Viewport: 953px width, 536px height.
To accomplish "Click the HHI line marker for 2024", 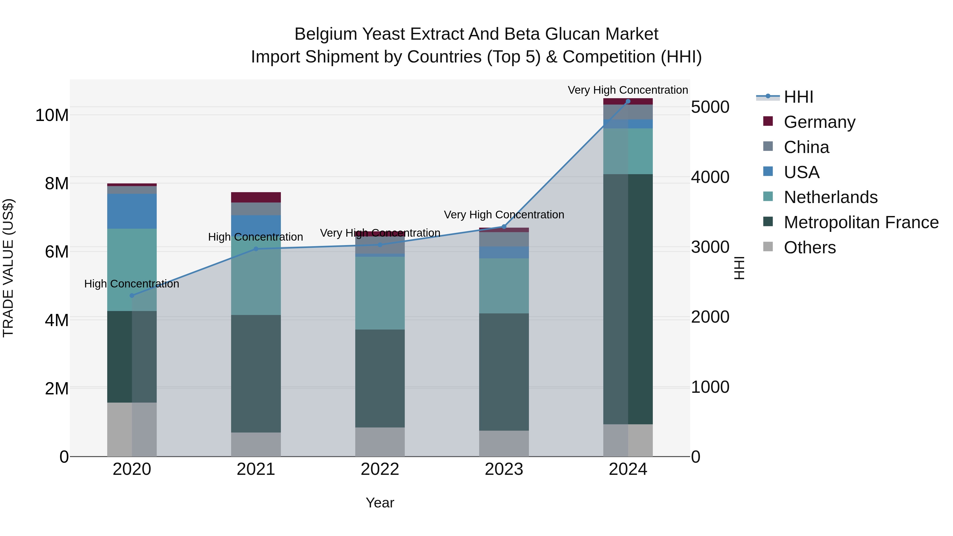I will point(628,101).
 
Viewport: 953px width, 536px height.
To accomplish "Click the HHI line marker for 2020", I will point(132,296).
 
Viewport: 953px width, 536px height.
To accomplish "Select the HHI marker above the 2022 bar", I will point(380,245).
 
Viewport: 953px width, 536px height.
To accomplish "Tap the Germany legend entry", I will point(819,122).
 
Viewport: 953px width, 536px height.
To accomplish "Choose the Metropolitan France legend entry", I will point(861,222).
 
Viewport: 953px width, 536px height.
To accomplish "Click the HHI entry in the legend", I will point(798,97).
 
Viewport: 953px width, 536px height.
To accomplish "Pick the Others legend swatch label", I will point(810,247).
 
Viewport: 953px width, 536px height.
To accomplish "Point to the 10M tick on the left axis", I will point(52,115).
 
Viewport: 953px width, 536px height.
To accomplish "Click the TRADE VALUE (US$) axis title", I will point(8,268).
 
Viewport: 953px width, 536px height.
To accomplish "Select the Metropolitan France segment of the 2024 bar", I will point(628,299).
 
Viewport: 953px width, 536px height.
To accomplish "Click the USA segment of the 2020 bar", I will point(132,211).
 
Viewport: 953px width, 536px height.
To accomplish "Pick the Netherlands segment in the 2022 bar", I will point(380,293).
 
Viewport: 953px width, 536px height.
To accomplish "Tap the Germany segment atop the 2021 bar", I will point(256,197).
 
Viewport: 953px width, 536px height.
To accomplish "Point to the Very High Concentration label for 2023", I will point(504,215).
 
